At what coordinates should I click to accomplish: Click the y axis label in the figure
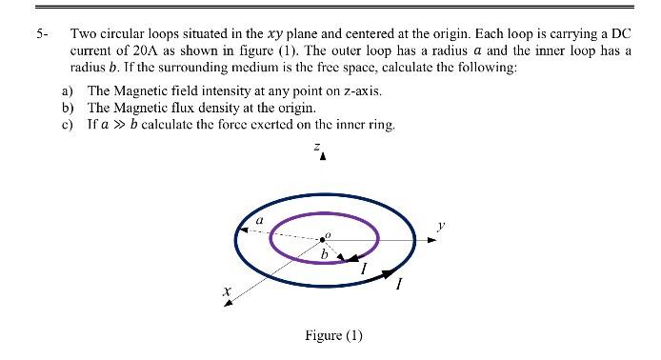click(x=439, y=226)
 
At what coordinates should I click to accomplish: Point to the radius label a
click(x=258, y=220)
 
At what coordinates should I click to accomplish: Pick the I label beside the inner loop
click(x=364, y=270)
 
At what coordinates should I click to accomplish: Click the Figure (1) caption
click(x=333, y=335)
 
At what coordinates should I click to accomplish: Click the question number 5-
click(x=41, y=34)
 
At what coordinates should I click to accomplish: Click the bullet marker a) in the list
click(x=68, y=90)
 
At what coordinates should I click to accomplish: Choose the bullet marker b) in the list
click(x=68, y=108)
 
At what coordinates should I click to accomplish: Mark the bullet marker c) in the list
click(x=68, y=125)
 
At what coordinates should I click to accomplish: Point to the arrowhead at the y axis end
click(x=433, y=239)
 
